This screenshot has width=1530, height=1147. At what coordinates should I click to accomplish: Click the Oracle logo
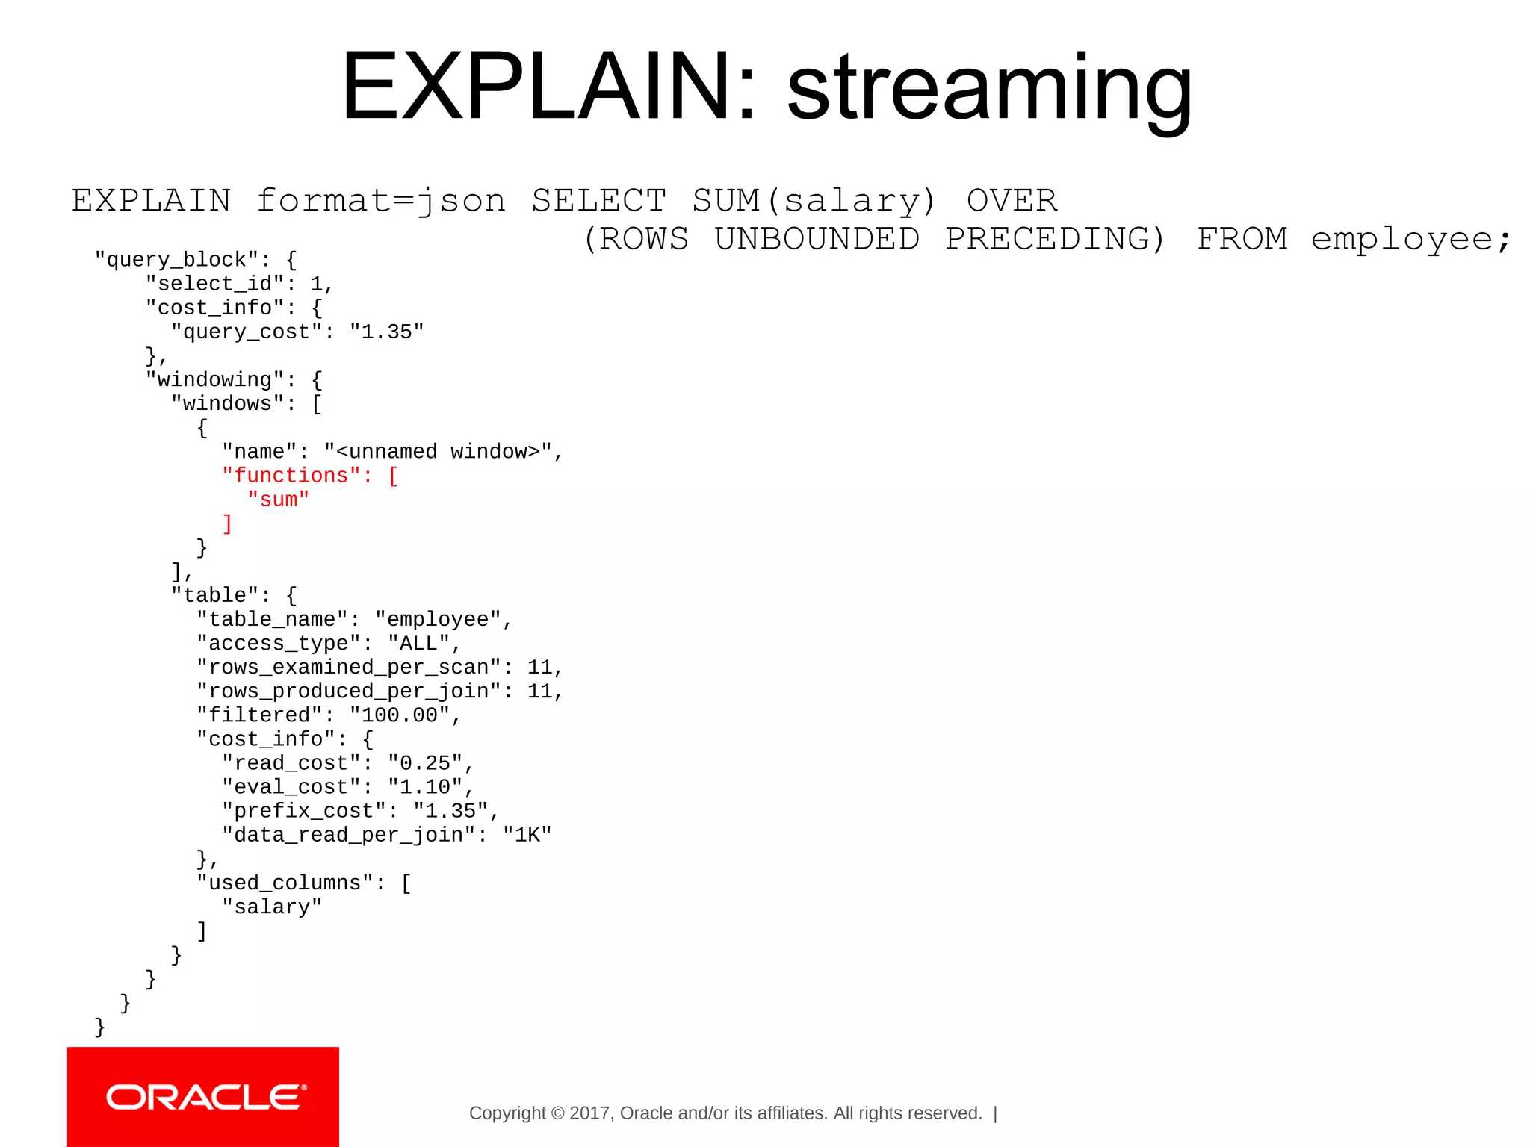203,1097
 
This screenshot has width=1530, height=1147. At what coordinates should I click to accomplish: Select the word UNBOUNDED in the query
817,239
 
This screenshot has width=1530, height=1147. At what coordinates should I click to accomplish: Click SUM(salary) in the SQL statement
814,201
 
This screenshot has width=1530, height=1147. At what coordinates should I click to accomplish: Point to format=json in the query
381,201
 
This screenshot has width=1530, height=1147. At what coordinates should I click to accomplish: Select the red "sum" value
279,500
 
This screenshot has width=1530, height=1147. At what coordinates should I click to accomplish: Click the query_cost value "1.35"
387,332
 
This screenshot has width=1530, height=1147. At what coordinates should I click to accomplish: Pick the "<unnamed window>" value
438,452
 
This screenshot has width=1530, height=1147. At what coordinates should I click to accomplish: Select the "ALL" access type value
418,644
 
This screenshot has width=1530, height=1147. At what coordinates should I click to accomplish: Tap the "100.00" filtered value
400,715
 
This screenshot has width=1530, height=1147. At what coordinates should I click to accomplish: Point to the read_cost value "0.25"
425,763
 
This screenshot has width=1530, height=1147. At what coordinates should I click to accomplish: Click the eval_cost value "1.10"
425,787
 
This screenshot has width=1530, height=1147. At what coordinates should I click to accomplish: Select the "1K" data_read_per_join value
527,835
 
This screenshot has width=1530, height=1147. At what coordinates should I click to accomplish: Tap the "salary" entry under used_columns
272,907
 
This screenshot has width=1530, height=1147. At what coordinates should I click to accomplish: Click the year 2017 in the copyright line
589,1113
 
